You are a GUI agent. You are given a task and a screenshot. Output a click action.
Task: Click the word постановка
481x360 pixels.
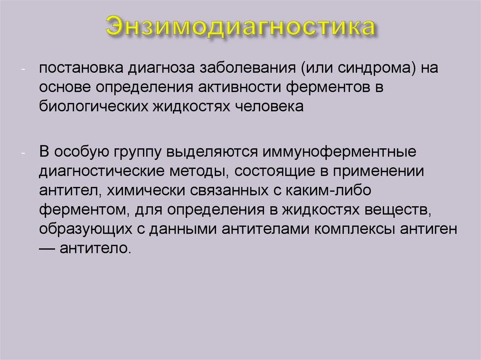tap(81, 68)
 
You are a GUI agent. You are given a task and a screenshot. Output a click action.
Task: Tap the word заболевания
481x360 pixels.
tap(248, 68)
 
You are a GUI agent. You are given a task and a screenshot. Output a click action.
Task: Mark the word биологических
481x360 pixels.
tap(93, 107)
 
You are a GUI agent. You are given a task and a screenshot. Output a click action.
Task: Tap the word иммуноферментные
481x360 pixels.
tap(339, 152)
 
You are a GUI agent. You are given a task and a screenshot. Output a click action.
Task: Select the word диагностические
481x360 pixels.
tap(102, 171)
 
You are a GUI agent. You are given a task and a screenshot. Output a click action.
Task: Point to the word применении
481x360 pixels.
tap(379, 171)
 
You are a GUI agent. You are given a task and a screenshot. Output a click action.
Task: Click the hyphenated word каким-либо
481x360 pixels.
tap(328, 191)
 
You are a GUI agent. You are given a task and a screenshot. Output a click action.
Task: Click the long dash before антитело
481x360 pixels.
tap(47, 248)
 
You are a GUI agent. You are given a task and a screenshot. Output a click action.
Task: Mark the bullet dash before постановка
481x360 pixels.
tap(23, 69)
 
